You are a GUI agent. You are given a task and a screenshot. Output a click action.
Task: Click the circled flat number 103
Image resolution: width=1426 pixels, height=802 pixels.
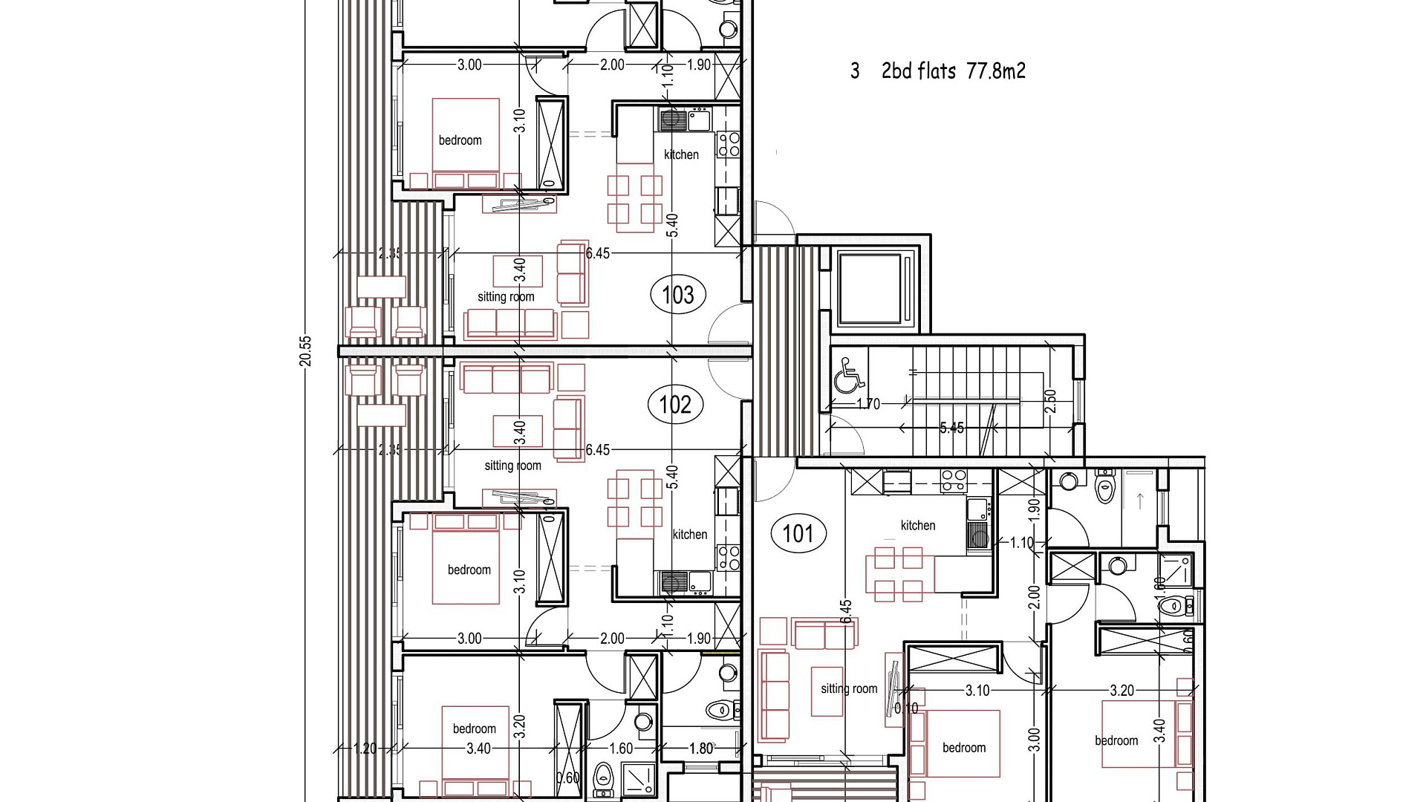point(678,295)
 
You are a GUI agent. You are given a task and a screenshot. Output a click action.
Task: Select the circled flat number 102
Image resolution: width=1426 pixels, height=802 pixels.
point(675,405)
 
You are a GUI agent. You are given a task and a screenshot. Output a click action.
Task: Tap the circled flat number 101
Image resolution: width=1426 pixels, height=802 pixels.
point(798,533)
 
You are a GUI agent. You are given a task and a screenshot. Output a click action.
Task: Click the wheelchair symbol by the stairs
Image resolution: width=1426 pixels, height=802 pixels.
point(849,375)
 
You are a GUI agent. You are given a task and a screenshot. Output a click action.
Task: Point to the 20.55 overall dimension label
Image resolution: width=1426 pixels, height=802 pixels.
point(305,351)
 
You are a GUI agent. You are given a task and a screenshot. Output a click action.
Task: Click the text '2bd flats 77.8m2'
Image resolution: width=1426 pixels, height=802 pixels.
point(954,71)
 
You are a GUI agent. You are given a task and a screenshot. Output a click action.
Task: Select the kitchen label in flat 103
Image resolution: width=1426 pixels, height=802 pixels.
point(681,154)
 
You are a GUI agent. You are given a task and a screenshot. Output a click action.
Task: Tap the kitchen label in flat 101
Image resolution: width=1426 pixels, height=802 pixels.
point(918,525)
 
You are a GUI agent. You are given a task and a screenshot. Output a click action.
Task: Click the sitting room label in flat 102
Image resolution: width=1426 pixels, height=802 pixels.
point(512,466)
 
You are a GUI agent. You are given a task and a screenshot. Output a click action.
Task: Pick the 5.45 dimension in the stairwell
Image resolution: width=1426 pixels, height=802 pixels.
point(951,428)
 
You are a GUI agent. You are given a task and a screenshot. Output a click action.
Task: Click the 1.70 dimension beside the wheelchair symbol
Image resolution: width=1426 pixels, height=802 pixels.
point(868,404)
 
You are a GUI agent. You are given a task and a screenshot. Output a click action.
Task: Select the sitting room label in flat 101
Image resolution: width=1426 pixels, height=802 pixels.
point(849,688)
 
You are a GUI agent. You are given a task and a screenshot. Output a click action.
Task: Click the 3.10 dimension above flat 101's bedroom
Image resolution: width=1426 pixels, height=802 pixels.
point(977,691)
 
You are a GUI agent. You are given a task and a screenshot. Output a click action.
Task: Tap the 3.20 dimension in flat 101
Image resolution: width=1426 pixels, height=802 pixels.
point(1121,691)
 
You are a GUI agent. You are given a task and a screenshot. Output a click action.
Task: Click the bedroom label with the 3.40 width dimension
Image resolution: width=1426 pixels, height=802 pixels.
point(475,728)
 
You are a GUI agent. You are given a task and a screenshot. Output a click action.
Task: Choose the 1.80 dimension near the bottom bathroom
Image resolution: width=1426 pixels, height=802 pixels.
point(700,749)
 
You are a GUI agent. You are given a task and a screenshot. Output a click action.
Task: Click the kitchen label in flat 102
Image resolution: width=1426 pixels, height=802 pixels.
point(689,534)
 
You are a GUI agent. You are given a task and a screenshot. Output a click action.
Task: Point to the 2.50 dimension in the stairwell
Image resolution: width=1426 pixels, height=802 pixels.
point(1049,402)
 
